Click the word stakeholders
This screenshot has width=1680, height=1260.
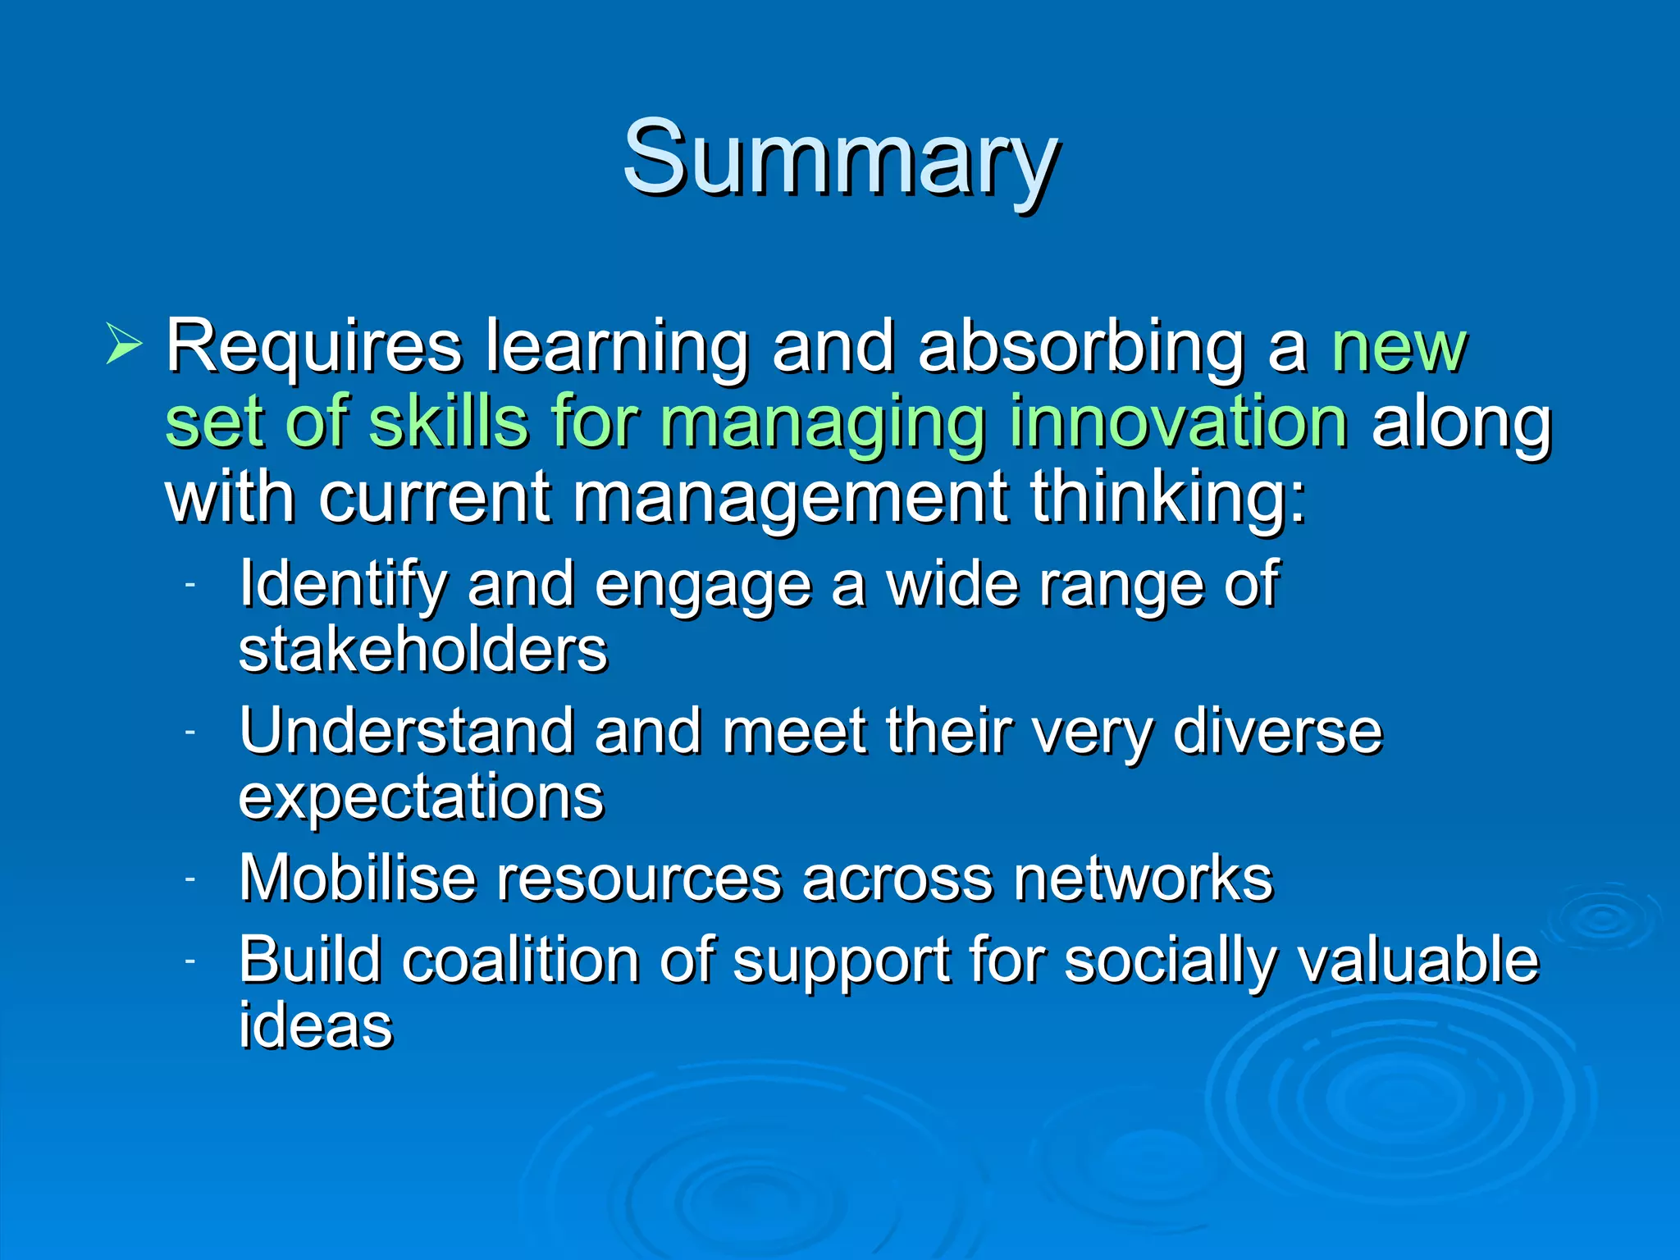(422, 650)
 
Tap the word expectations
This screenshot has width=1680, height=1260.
(421, 797)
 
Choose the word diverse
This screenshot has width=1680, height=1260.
(1277, 731)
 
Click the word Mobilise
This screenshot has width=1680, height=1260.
(358, 879)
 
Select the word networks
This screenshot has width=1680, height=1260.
(1142, 879)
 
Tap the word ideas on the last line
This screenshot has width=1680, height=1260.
(316, 1025)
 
